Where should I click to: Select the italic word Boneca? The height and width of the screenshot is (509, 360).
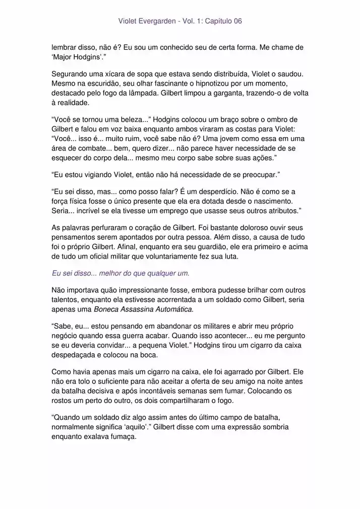point(106,309)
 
